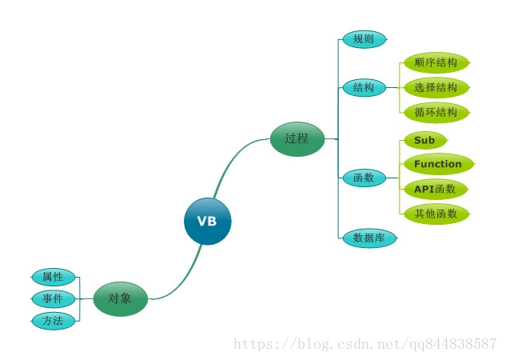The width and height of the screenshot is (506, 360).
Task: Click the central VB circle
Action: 207,221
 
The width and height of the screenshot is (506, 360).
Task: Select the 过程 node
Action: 297,138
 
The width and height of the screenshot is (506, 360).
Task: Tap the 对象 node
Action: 121,299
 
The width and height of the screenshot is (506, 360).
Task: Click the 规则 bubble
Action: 364,39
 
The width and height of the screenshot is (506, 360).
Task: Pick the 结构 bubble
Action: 364,88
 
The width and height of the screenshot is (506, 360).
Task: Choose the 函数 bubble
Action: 364,178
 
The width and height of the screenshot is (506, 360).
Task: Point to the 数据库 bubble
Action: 369,238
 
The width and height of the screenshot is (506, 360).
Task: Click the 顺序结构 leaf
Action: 436,62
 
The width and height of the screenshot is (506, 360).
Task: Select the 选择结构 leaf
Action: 436,87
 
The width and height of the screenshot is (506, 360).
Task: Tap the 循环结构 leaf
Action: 436,112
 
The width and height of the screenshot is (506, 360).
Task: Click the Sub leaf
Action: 424,140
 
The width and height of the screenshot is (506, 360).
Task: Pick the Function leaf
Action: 437,164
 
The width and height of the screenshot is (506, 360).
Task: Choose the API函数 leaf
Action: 434,189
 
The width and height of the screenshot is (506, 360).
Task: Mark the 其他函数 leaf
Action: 436,214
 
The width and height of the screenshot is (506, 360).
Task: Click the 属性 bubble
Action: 54,277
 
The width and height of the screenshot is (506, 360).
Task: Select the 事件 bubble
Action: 54,299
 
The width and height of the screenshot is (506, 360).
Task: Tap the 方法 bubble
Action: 54,321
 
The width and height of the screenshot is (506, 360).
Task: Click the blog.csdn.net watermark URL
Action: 364,343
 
